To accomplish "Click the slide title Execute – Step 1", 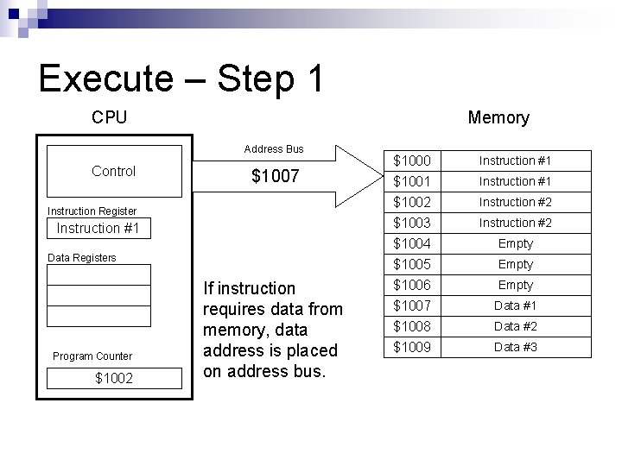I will [181, 79].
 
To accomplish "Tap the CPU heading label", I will [109, 117].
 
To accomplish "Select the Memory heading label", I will [498, 117].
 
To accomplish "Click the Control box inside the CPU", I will [113, 171].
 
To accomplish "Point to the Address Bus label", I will [274, 149].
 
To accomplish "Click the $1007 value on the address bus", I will [275, 177].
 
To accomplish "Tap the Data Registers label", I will [82, 257].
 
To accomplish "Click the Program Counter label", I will [92, 356].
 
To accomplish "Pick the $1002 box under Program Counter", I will [113, 378].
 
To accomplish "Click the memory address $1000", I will [412, 161].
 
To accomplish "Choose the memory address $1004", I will [412, 243].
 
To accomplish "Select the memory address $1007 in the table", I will [412, 305].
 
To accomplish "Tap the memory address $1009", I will [412, 347].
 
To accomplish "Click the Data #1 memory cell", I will [515, 305].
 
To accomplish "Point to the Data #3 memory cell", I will [515, 347].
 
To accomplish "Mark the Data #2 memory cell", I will [515, 326].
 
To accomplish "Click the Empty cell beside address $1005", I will [515, 264].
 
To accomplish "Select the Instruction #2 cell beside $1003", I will [515, 223].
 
